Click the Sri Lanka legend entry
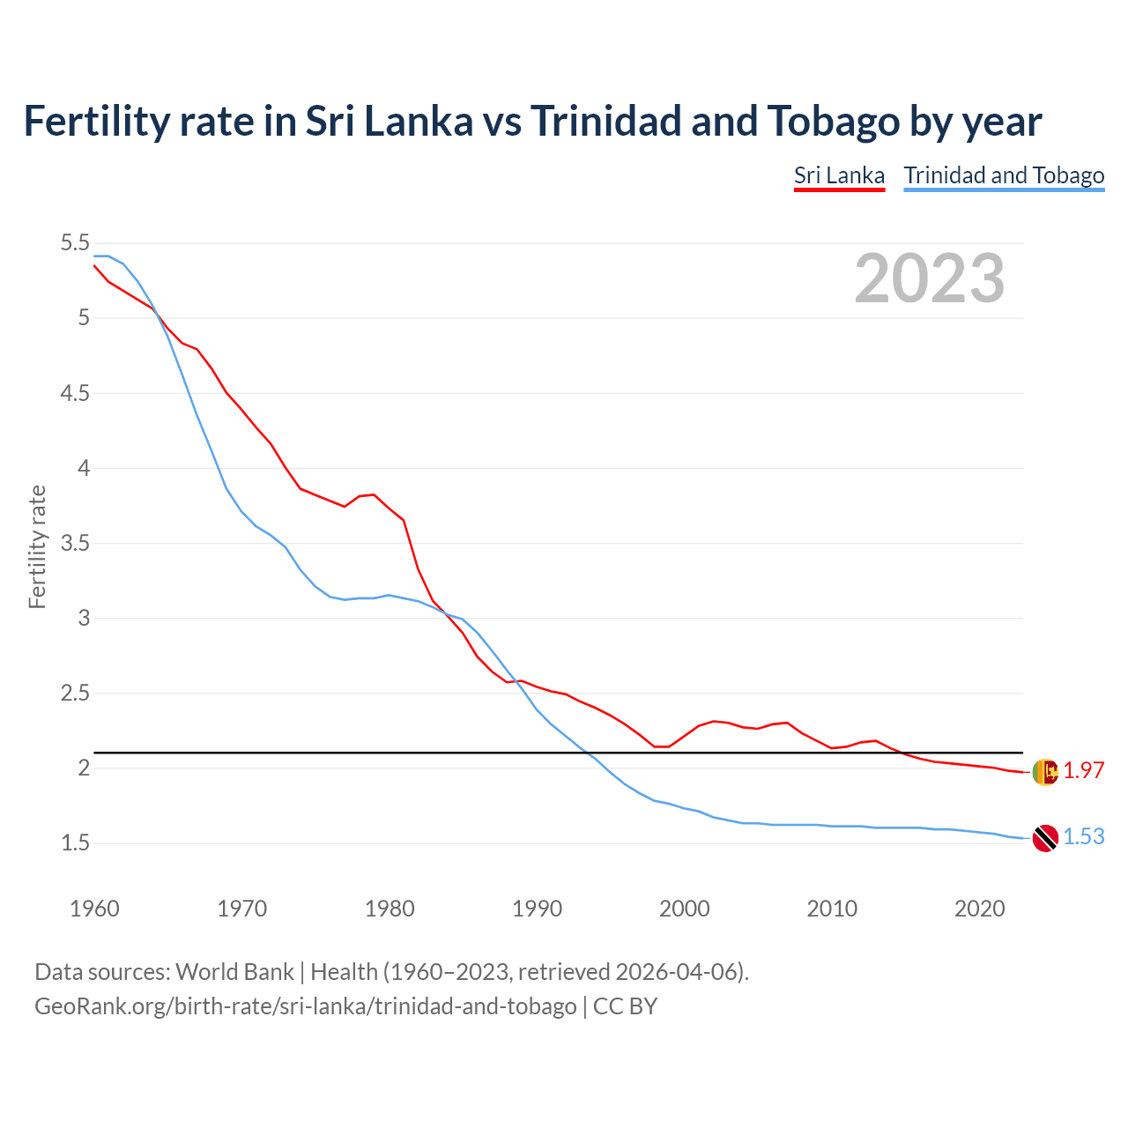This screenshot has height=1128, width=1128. (x=839, y=175)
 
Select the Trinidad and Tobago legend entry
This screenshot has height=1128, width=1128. (x=1004, y=175)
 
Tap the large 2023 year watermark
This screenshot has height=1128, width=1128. (x=930, y=278)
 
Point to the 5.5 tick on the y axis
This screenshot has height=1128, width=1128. (x=75, y=243)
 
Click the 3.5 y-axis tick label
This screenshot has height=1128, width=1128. (x=75, y=543)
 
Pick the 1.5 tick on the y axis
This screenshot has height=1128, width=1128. (x=75, y=843)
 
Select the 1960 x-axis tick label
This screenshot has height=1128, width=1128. (x=94, y=909)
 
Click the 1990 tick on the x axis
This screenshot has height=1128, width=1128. (x=537, y=909)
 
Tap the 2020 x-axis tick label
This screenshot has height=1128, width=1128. (x=979, y=909)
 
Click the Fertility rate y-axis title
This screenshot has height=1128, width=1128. (x=37, y=546)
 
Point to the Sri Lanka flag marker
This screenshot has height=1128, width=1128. (x=1045, y=771)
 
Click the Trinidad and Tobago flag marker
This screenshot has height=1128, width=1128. (x=1045, y=838)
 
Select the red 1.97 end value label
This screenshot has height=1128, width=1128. (x=1084, y=770)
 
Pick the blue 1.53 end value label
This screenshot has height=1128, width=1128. (x=1084, y=837)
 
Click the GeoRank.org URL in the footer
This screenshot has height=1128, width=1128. (x=305, y=1006)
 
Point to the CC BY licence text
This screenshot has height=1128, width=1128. (x=625, y=1006)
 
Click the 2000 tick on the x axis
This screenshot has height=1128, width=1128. (x=685, y=909)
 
